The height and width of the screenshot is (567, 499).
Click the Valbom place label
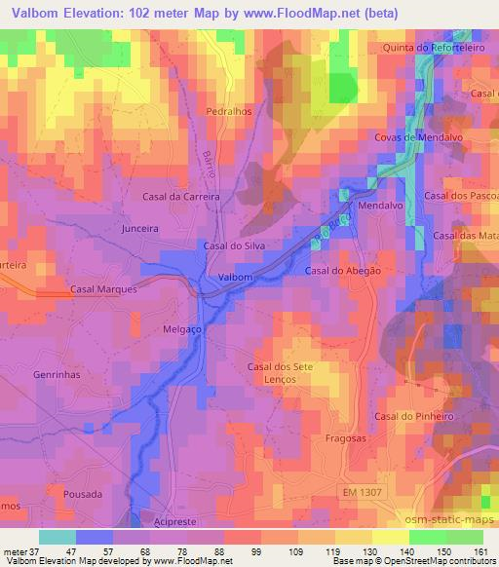pos(236,278)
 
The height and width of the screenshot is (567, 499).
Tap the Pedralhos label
pos(229,111)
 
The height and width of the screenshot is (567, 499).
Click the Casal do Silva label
pos(234,246)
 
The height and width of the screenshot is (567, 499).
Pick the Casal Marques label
pos(104,289)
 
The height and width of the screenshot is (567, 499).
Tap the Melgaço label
pos(180,330)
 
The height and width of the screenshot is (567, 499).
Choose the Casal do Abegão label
pos(342,271)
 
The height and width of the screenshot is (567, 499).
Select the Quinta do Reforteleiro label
pos(434,48)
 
